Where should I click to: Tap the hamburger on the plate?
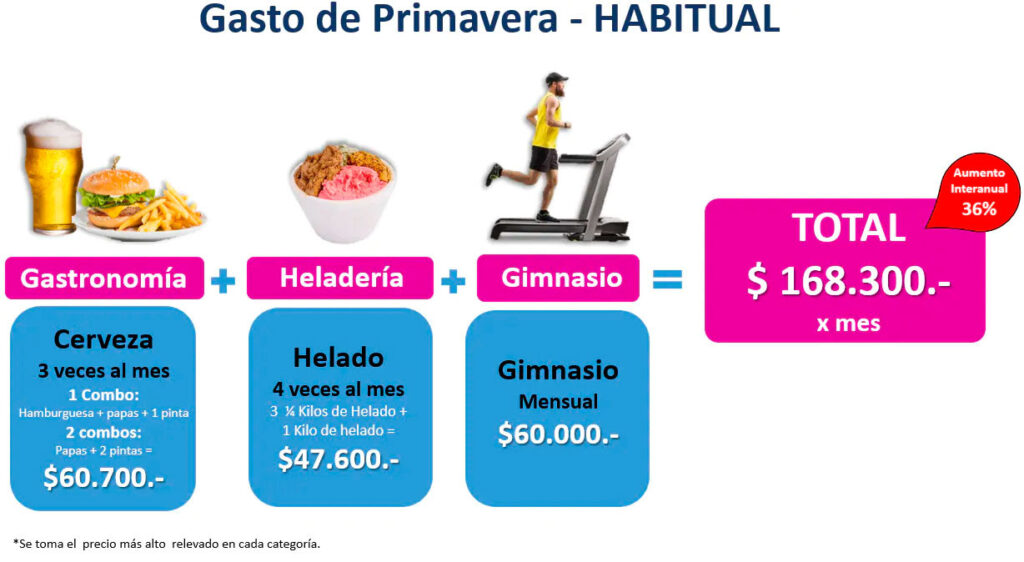(x=115, y=198)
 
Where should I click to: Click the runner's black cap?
(x=555, y=78)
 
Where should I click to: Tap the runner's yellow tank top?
(x=546, y=121)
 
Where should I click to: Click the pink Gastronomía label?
(x=104, y=279)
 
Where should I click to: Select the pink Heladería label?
(x=340, y=278)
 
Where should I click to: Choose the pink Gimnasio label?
(x=558, y=278)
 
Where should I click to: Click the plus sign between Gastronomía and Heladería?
(x=223, y=281)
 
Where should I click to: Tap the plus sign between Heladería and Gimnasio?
(x=453, y=281)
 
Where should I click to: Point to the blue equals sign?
(x=667, y=280)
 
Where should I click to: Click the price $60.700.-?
(x=104, y=477)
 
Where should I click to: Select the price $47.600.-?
(x=338, y=459)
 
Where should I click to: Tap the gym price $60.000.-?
(x=558, y=434)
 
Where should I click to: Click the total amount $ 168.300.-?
(x=848, y=281)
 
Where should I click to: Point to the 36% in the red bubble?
(x=979, y=210)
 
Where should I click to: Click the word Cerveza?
(x=103, y=339)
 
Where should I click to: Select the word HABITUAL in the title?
(x=686, y=18)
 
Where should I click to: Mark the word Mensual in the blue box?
(x=558, y=401)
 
